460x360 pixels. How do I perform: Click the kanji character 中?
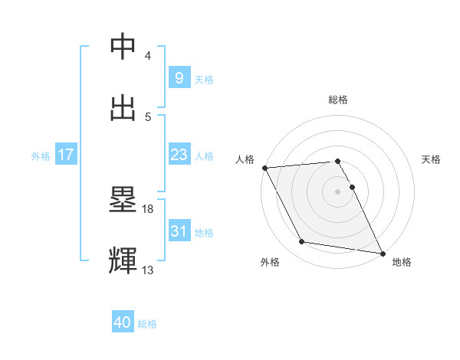[x=123, y=47]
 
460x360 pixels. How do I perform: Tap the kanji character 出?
[x=123, y=108]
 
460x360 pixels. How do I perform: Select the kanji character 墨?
[x=123, y=200]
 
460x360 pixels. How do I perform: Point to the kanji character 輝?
[x=123, y=261]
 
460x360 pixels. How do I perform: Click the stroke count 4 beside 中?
[x=148, y=56]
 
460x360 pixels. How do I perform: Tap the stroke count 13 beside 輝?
[x=149, y=270]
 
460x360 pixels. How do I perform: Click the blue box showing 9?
[x=179, y=78]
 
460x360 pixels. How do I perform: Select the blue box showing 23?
[x=179, y=155]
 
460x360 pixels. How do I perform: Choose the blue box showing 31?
[x=179, y=231]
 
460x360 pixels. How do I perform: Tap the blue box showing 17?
[x=65, y=155]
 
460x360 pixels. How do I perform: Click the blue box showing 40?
[x=123, y=323]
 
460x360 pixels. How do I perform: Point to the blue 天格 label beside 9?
[x=204, y=80]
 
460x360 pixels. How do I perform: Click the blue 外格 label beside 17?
[x=41, y=156]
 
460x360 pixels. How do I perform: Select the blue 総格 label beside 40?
[x=147, y=325]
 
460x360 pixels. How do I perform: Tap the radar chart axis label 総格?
[x=338, y=100]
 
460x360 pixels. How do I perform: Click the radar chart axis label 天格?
[x=432, y=159]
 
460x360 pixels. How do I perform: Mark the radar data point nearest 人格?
[x=264, y=168]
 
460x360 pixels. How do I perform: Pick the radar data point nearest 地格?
[x=382, y=253]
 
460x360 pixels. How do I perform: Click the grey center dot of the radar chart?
[x=337, y=191]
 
